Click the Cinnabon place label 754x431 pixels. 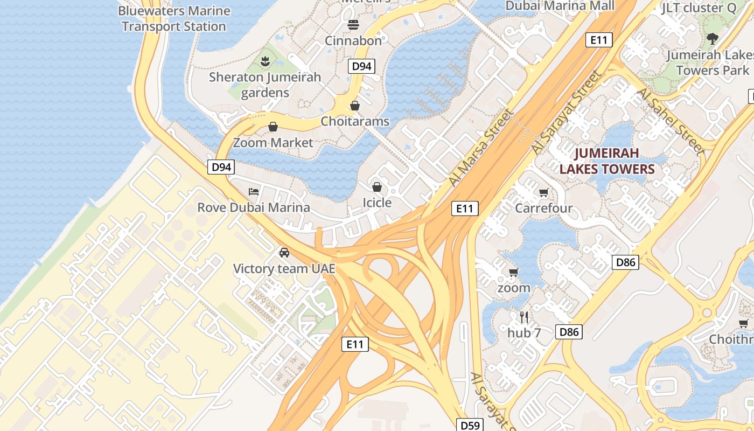[353, 40]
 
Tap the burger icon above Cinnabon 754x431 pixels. [353, 24]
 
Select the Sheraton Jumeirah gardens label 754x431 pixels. [265, 85]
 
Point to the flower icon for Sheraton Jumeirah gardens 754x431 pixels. [265, 61]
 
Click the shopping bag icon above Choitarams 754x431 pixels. [354, 106]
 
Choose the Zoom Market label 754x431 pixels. [273, 143]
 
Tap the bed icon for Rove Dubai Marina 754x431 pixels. [254, 191]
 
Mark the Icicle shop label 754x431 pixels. [377, 203]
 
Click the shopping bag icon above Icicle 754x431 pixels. [377, 187]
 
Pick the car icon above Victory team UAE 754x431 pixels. [284, 252]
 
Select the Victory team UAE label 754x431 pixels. [284, 268]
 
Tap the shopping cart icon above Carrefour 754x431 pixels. [543, 192]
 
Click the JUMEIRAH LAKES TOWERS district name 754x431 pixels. [607, 161]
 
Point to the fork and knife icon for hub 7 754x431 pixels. [524, 317]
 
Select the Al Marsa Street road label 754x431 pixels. [482, 148]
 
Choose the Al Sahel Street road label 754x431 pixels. [670, 121]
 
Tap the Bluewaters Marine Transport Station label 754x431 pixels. [174, 18]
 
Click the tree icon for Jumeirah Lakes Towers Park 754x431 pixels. [712, 39]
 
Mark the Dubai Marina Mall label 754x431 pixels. [560, 6]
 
